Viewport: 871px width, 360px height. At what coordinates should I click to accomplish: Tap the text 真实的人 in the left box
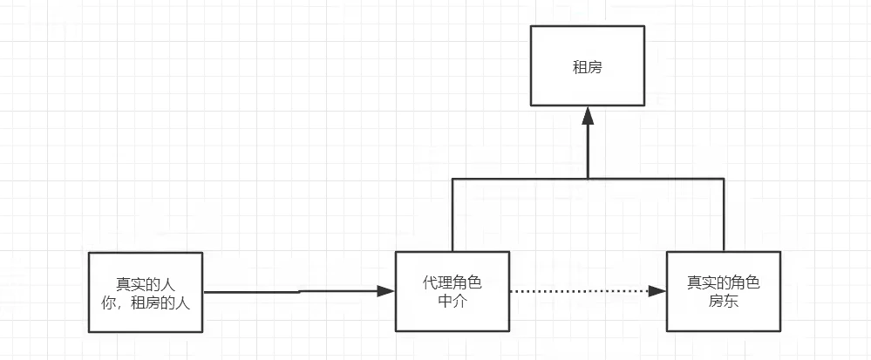pos(146,283)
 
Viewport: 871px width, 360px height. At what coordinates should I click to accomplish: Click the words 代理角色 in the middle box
pos(452,283)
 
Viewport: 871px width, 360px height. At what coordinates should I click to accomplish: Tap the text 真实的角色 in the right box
pos(723,283)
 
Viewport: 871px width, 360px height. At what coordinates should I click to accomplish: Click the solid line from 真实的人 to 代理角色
pos(288,292)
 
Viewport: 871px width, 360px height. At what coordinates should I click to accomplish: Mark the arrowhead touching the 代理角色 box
pos(387,291)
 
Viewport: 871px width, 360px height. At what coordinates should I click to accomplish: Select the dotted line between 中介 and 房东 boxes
pos(575,291)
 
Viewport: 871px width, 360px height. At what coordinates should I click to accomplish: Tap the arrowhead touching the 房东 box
pos(658,291)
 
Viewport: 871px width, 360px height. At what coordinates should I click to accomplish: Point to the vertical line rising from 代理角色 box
pos(452,214)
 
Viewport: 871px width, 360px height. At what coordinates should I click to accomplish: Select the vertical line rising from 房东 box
pos(724,214)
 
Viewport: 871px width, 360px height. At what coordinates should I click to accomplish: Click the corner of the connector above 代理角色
pos(452,178)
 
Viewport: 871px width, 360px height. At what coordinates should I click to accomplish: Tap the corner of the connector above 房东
pos(724,178)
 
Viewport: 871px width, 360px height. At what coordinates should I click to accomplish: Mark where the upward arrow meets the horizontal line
pos(589,178)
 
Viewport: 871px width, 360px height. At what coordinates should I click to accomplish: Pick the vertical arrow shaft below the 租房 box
pos(589,148)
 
